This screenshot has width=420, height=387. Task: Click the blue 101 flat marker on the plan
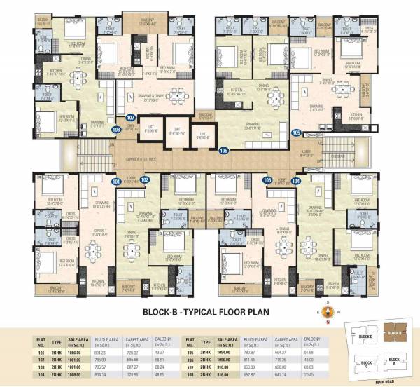[x=117, y=182]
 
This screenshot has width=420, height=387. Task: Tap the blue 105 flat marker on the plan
[x=296, y=133]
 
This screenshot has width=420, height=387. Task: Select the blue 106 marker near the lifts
[x=224, y=150]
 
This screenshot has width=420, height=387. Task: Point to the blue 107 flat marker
[x=130, y=118]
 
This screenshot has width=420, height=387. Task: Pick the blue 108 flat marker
[x=116, y=129]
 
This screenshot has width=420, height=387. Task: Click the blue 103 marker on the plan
[x=267, y=180]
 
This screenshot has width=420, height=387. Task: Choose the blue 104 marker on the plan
[x=295, y=180]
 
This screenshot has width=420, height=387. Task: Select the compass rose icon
[x=326, y=313]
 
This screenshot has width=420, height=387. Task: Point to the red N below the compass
[x=326, y=324]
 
